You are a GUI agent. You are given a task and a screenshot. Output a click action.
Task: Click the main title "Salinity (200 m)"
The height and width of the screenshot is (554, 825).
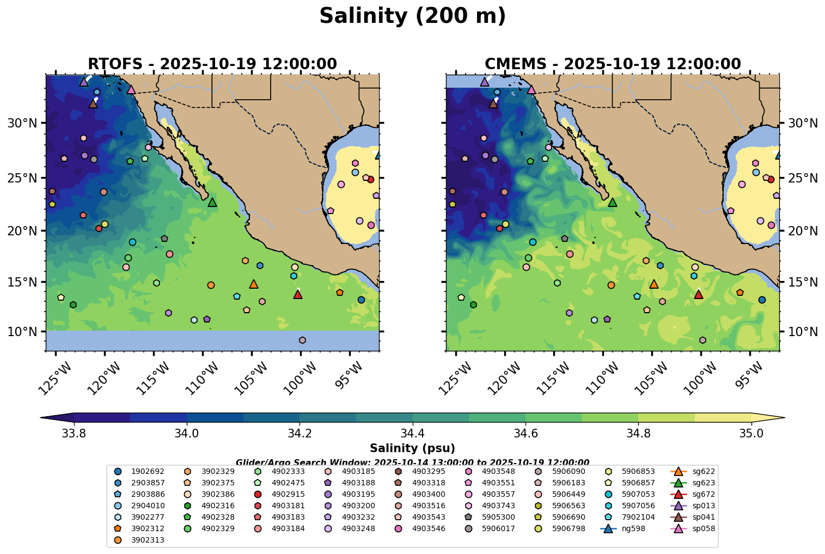[x=412, y=16]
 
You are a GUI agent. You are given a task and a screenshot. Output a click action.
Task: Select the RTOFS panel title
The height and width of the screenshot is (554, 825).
[x=212, y=64]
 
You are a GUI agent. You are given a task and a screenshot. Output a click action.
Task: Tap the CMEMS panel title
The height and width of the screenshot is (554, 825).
[x=613, y=64]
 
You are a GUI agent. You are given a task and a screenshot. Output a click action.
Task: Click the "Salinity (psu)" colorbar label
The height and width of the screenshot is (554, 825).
[x=412, y=448]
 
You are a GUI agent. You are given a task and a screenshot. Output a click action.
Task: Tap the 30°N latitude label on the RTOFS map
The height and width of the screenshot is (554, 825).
[x=22, y=123]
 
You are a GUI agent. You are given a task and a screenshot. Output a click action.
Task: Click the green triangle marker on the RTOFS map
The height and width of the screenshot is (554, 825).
[x=212, y=203]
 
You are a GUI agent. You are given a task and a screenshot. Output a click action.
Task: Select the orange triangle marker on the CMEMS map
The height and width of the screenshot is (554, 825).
[x=654, y=284]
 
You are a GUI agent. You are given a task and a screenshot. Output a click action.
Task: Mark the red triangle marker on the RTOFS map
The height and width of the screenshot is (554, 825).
[x=298, y=294]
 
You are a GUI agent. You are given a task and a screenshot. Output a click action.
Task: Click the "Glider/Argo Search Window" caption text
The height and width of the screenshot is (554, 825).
[x=412, y=462]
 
